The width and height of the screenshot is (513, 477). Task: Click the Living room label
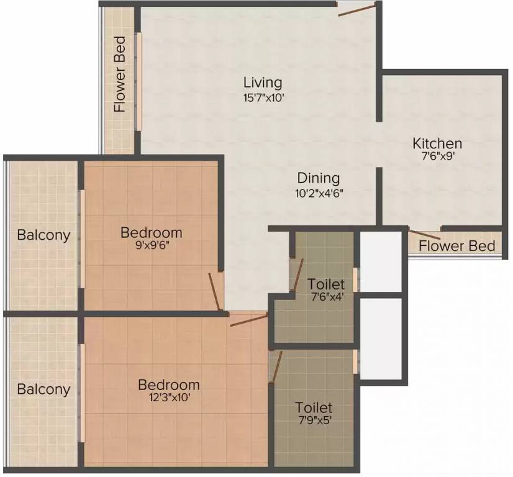(x=262, y=83)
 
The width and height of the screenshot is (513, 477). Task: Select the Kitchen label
(x=437, y=144)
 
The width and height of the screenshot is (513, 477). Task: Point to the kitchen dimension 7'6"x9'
(x=437, y=157)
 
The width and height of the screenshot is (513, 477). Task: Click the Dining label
(x=318, y=179)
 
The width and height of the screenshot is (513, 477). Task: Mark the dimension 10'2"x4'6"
(x=318, y=193)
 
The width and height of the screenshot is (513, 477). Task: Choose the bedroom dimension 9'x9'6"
(x=151, y=246)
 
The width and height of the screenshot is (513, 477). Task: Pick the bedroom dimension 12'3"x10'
(x=168, y=398)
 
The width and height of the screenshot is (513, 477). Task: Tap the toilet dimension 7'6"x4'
(x=325, y=297)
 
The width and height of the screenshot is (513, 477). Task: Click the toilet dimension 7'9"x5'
(x=314, y=421)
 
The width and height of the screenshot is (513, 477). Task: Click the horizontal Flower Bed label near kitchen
(x=456, y=246)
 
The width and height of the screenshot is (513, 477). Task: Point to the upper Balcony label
(x=43, y=235)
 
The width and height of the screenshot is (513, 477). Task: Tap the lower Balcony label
(x=43, y=390)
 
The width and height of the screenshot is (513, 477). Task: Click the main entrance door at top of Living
(x=358, y=9)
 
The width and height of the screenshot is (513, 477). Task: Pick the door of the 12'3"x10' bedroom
(x=248, y=319)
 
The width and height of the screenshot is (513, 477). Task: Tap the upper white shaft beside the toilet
(x=381, y=261)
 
